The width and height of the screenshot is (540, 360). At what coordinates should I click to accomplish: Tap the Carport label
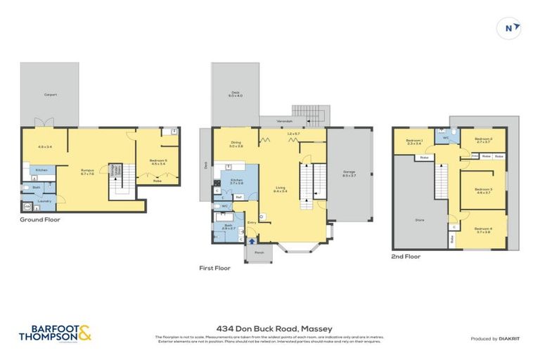pyautogui.click(x=50, y=94)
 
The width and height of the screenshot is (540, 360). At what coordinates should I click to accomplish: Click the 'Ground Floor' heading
pyautogui.click(x=40, y=219)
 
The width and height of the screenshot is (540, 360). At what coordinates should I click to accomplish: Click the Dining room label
pyautogui.click(x=236, y=143)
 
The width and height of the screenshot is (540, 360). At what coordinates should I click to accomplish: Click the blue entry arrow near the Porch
pyautogui.click(x=252, y=240)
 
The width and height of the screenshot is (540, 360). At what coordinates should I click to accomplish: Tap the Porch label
pyautogui.click(x=259, y=252)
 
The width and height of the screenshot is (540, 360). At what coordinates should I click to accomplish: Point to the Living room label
pyautogui.click(x=280, y=188)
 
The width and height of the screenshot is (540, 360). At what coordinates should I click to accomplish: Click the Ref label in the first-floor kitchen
pyautogui.click(x=238, y=196)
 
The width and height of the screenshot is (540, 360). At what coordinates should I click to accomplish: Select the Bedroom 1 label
pyautogui.click(x=414, y=141)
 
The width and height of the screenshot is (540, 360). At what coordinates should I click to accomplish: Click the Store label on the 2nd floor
pyautogui.click(x=419, y=220)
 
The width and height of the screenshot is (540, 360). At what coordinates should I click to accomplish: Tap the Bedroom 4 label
pyautogui.click(x=483, y=229)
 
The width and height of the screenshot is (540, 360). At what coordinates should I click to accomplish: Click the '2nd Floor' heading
pyautogui.click(x=406, y=257)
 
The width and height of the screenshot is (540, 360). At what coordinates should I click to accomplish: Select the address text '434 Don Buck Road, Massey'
pyautogui.click(x=269, y=328)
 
